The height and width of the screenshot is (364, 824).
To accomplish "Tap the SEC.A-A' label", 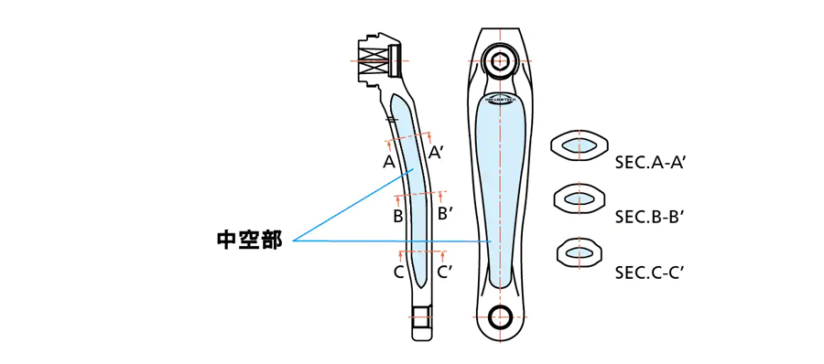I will (x=651, y=163).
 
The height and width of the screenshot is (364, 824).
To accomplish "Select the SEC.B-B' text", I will (x=651, y=217).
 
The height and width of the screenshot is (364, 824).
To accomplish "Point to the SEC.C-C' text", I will (x=651, y=272).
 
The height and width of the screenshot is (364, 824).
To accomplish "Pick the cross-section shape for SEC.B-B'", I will (x=580, y=198).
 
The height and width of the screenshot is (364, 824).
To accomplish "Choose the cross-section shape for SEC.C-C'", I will (x=580, y=252).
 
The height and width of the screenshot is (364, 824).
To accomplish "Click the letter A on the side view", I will (x=389, y=162).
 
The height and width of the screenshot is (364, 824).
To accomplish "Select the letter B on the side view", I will (x=398, y=217).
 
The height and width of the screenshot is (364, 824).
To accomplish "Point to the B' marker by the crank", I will (x=445, y=213).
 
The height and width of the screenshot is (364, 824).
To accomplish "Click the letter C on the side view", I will (x=399, y=272).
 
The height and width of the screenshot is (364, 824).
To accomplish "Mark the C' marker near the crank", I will (x=444, y=272).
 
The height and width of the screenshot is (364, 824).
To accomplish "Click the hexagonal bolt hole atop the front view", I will (x=500, y=62).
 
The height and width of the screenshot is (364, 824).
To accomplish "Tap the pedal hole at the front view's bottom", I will (x=500, y=317).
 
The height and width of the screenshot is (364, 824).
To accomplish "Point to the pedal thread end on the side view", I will (x=421, y=319).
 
